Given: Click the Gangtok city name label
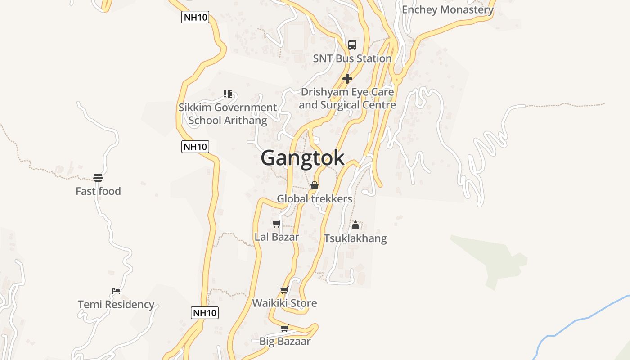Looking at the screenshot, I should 302,158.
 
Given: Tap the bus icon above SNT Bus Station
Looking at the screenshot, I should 352,45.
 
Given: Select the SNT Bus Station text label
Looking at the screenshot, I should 352,58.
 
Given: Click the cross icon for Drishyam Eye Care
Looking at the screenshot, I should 347,79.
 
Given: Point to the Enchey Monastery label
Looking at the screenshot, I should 447,9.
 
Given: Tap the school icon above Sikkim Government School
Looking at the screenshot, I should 228,94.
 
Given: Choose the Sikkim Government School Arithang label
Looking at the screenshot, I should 228,114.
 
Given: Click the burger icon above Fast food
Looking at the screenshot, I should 98,178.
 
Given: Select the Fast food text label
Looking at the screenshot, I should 98,191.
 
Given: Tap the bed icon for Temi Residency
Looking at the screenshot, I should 116,291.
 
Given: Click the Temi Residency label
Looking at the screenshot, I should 116,305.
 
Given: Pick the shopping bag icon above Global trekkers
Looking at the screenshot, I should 315,185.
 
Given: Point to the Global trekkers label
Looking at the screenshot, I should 315,198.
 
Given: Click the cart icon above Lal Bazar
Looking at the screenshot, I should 276,224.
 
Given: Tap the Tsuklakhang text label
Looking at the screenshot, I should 355,238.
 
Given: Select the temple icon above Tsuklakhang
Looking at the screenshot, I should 355,225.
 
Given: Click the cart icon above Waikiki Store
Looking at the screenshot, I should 284,290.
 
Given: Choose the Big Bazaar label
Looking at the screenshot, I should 285,341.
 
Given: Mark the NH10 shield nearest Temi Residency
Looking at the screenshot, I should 205,313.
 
